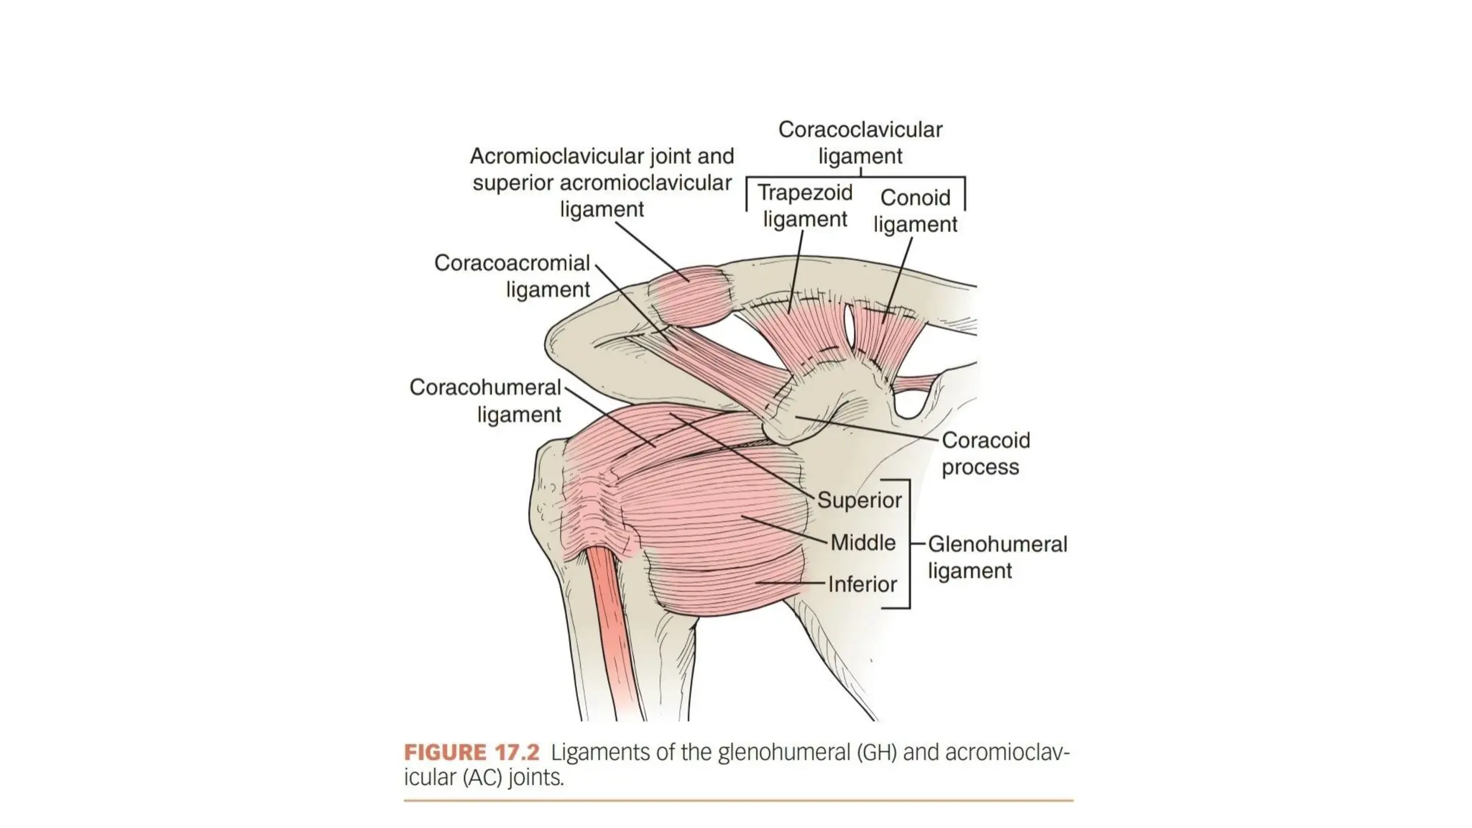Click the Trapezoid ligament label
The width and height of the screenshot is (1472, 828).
click(805, 206)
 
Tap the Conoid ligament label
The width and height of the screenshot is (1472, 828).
click(915, 211)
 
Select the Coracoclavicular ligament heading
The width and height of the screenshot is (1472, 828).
click(860, 142)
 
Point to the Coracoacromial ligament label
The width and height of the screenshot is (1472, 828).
click(512, 276)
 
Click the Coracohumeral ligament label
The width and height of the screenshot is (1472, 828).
click(485, 400)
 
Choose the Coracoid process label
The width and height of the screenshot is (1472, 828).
click(985, 453)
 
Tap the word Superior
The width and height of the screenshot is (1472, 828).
click(859, 500)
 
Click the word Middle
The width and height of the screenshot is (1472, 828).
click(862, 543)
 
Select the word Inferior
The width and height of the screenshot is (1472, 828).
click(862, 584)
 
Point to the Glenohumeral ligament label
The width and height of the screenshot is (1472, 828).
click(997, 557)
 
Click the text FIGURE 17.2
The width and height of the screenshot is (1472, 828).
click(471, 753)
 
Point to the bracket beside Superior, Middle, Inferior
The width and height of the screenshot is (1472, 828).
click(908, 544)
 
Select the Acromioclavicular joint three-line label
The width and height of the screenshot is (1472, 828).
click(602, 183)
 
